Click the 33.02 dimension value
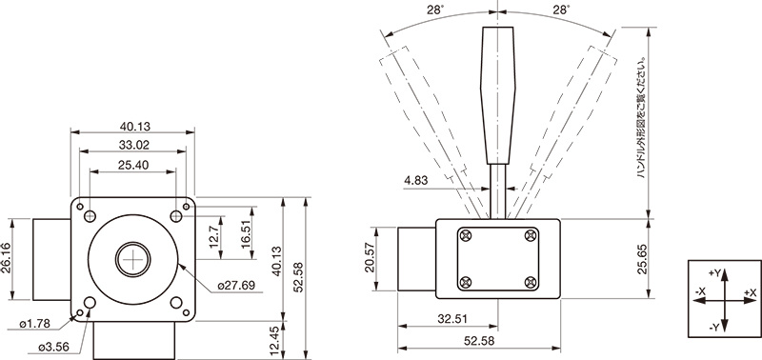[x=132, y=145]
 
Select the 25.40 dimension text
[x=132, y=165]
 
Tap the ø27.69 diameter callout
[x=236, y=285]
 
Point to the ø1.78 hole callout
[x=35, y=324]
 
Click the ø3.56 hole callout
[x=54, y=347]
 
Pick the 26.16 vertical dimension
[x=7, y=259]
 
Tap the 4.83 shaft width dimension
[x=416, y=181]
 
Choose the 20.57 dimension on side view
[x=369, y=259]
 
